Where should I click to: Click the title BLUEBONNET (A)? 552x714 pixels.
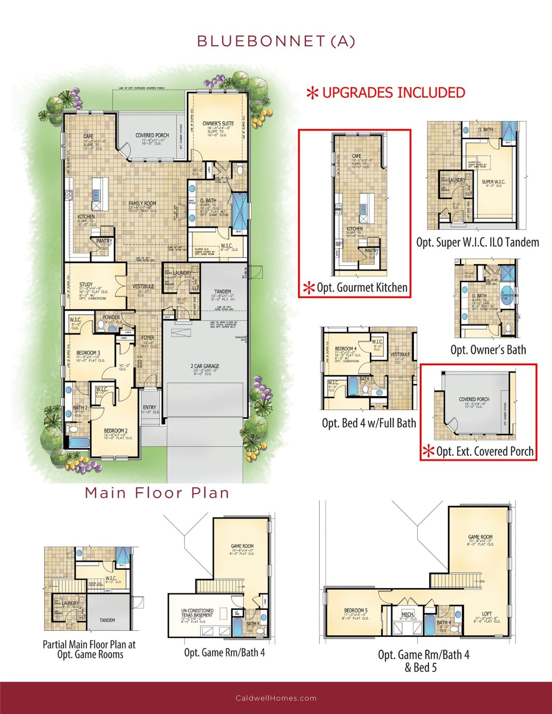pos(276,41)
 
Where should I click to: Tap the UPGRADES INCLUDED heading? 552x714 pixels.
pos(393,93)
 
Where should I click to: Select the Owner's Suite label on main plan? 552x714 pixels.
pos(218,124)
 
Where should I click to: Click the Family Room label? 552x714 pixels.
pos(142,204)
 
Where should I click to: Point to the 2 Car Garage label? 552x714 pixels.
pos(205,366)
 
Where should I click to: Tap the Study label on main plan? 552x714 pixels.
pos(86,284)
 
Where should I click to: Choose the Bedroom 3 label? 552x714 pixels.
pos(88,353)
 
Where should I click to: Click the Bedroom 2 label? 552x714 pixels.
pos(116,431)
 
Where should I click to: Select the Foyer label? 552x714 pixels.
pos(148,338)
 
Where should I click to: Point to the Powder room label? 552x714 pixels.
pos(111,317)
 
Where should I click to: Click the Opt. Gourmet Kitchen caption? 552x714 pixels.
pos(362,288)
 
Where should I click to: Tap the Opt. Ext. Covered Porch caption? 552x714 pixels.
pos(485,451)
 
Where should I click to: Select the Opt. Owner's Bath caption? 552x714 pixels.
pos(488,350)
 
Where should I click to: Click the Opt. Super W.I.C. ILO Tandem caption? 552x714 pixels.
pos(478,242)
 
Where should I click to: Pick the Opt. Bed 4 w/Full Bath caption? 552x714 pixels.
pos(369,423)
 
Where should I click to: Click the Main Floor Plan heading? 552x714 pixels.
pos(157,493)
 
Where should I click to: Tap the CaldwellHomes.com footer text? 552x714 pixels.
pos(276,698)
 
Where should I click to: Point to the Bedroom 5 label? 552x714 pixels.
pos(356,610)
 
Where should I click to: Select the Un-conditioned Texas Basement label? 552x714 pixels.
pos(197,613)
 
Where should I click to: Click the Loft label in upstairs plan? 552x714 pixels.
pos(486,614)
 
